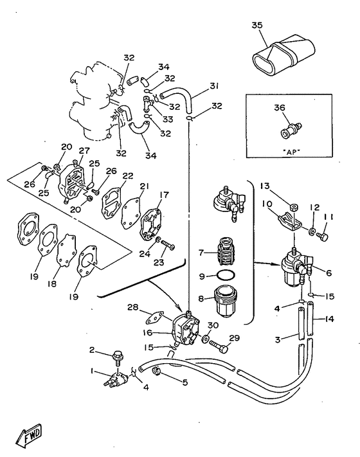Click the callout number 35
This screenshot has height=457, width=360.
[x=257, y=25]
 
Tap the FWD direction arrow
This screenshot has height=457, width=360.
[x=29, y=435]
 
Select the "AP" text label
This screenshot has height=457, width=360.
[x=291, y=151]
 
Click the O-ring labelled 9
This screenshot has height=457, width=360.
[x=226, y=275]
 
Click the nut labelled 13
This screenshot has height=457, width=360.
[x=294, y=208]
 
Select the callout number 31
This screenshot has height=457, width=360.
[x=214, y=86]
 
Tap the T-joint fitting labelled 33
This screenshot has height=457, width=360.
[x=147, y=104]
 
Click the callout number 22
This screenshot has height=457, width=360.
[x=128, y=176]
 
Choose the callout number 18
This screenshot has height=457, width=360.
[x=52, y=283]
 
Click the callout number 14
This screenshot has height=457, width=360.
[x=329, y=319]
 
